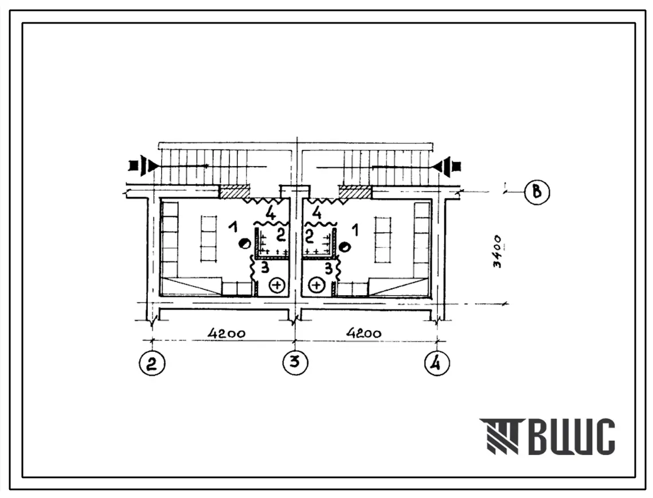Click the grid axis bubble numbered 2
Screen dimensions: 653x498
pyautogui.click(x=152, y=363)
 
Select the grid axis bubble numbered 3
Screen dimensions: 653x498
pyautogui.click(x=295, y=362)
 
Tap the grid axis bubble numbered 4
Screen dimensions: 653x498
pyautogui.click(x=437, y=363)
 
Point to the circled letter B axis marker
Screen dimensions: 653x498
pyautogui.click(x=537, y=193)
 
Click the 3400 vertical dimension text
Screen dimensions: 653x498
pyautogui.click(x=498, y=252)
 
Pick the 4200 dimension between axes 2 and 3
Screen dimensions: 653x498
pyautogui.click(x=226, y=334)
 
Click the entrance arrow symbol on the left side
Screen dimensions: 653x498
pyautogui.click(x=144, y=166)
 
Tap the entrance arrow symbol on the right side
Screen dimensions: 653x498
pyautogui.click(x=447, y=166)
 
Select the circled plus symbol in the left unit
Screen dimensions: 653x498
pyautogui.click(x=277, y=285)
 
